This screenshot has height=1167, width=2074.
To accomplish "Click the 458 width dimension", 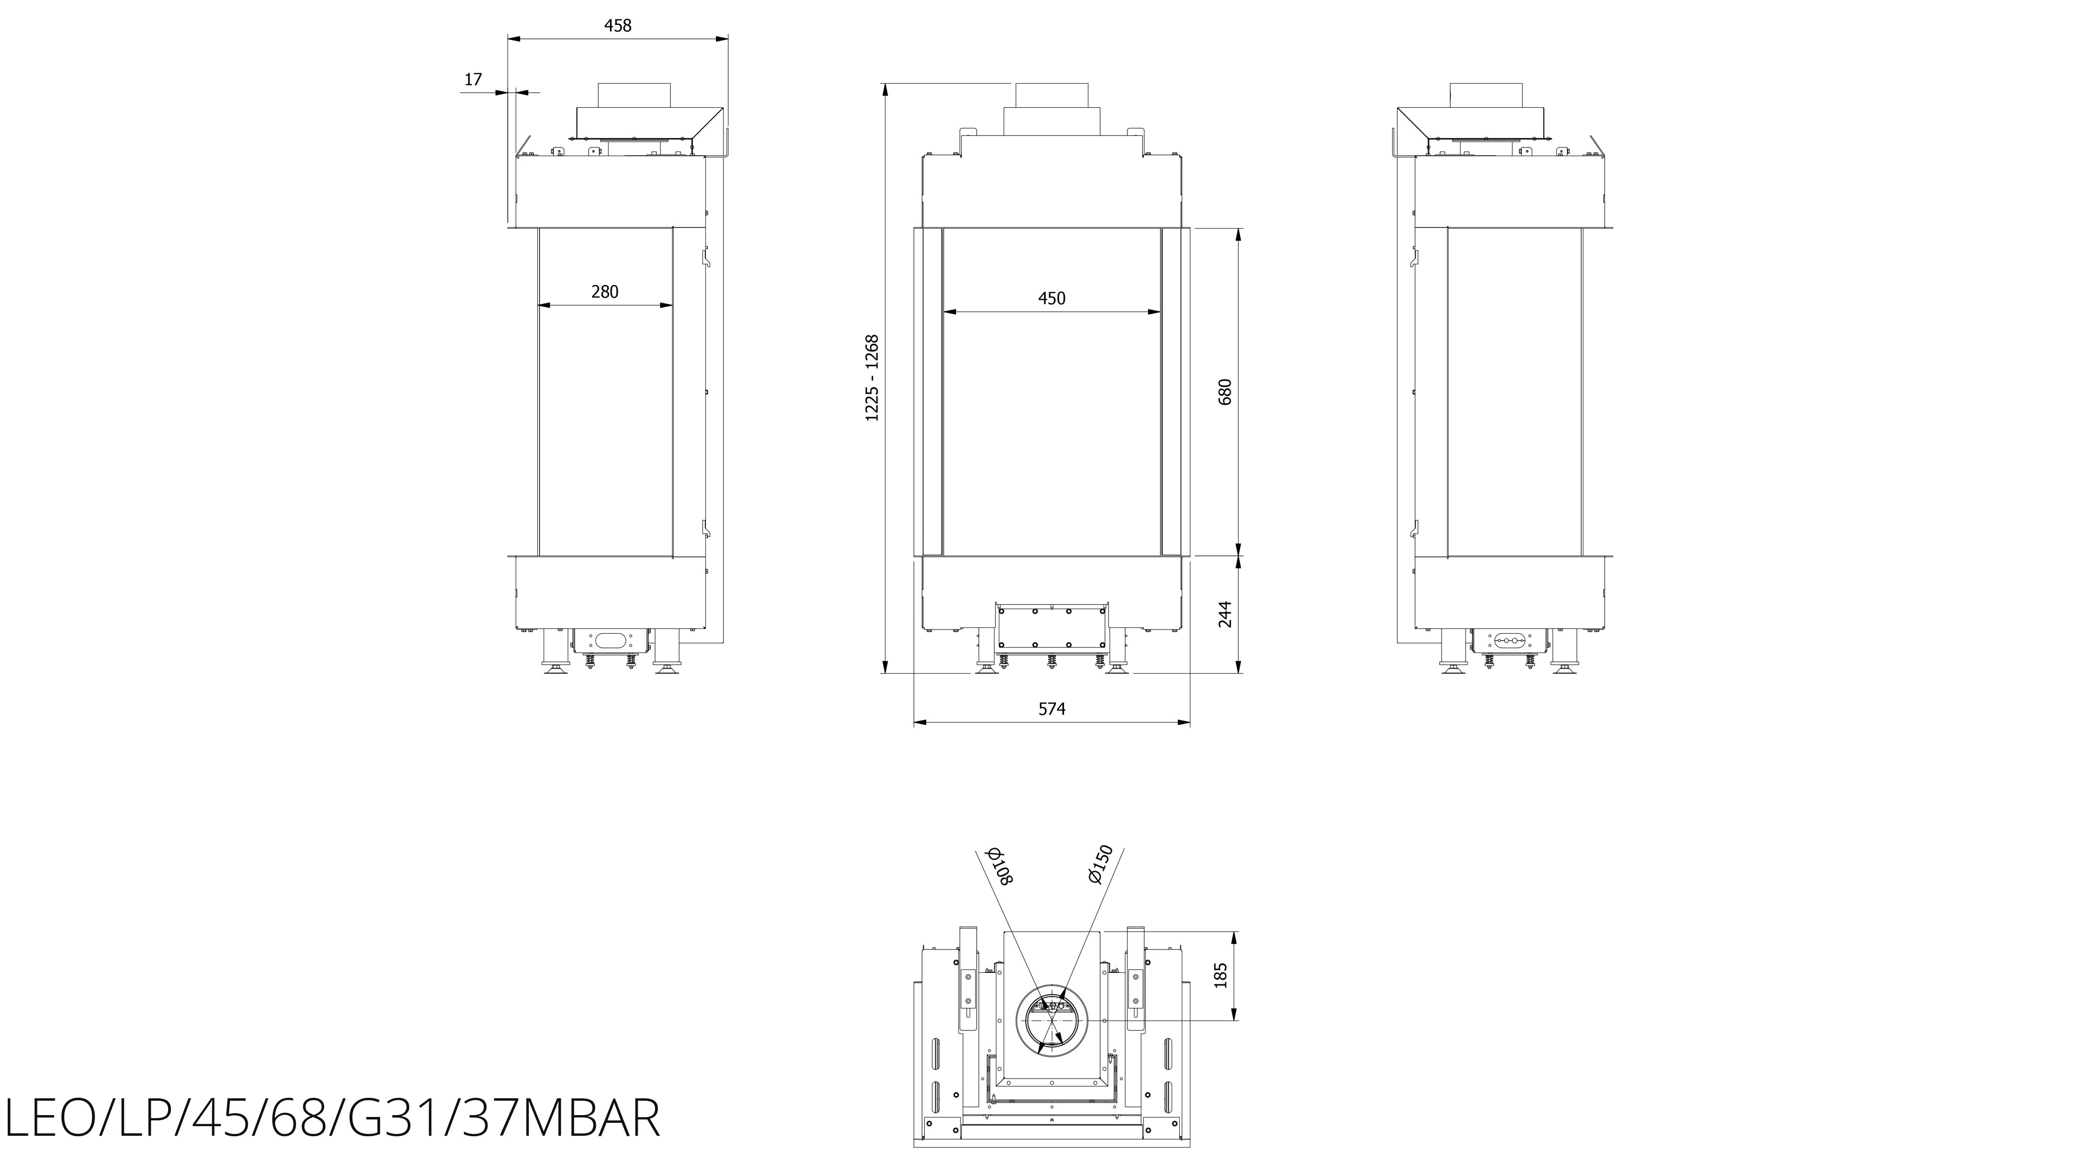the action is pyautogui.click(x=618, y=26).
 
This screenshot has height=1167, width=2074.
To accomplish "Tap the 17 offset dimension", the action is pyautogui.click(x=473, y=80).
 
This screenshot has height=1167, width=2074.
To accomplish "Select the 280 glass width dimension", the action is pyautogui.click(x=605, y=292).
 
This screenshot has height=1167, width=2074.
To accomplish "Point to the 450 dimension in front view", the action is pyautogui.click(x=1052, y=299).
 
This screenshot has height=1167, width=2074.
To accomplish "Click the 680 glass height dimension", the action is pyautogui.click(x=1225, y=392).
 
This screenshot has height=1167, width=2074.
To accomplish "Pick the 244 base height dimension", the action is pyautogui.click(x=1225, y=614).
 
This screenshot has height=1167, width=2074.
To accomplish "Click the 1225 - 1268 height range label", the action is pyautogui.click(x=872, y=378).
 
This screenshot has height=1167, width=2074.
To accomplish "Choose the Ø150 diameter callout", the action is pyautogui.click(x=1100, y=864).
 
